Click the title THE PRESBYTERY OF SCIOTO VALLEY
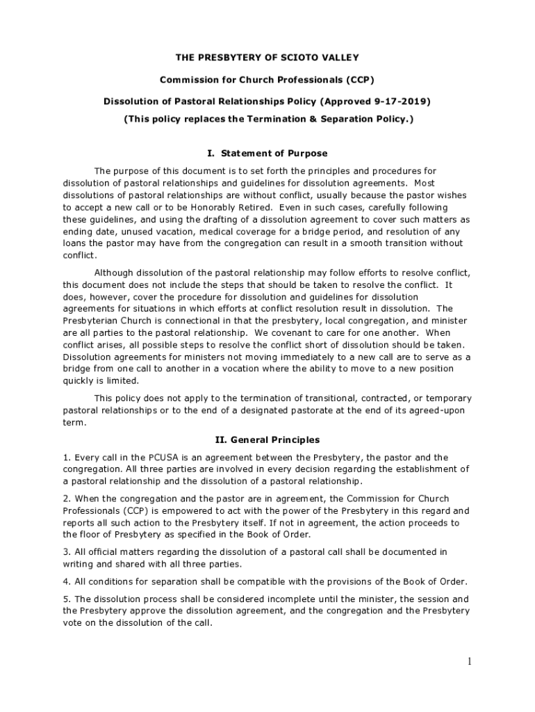click(267, 57)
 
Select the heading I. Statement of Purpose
click(267, 153)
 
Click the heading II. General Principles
click(267, 439)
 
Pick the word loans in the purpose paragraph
click(76, 243)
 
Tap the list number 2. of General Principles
click(67, 499)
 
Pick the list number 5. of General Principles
click(67, 599)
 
